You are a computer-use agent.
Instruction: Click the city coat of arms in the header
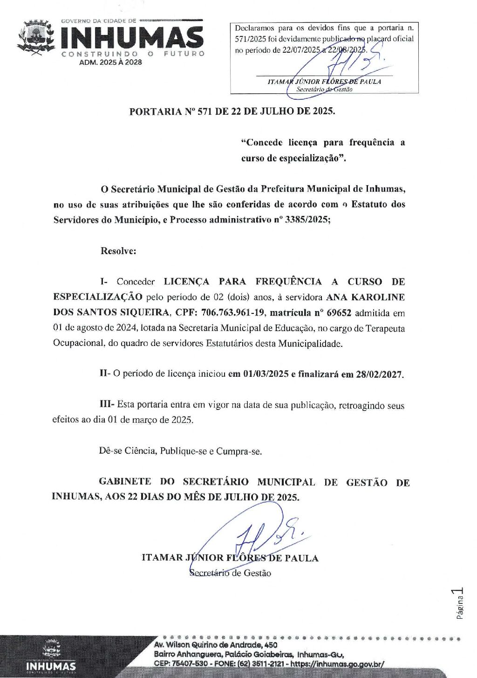point(36,37)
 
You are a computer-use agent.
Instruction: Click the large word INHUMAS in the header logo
point(132,37)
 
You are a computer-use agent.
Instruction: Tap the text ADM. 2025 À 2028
point(110,62)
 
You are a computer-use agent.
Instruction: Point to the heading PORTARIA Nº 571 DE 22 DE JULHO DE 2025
point(232,111)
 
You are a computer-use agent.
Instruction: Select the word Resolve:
point(118,251)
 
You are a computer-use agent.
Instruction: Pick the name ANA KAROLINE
point(365,297)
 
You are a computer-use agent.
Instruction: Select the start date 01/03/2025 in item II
point(266,374)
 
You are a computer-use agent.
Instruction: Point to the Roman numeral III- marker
point(107,404)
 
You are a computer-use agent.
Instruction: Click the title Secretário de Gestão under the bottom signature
point(230,573)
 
